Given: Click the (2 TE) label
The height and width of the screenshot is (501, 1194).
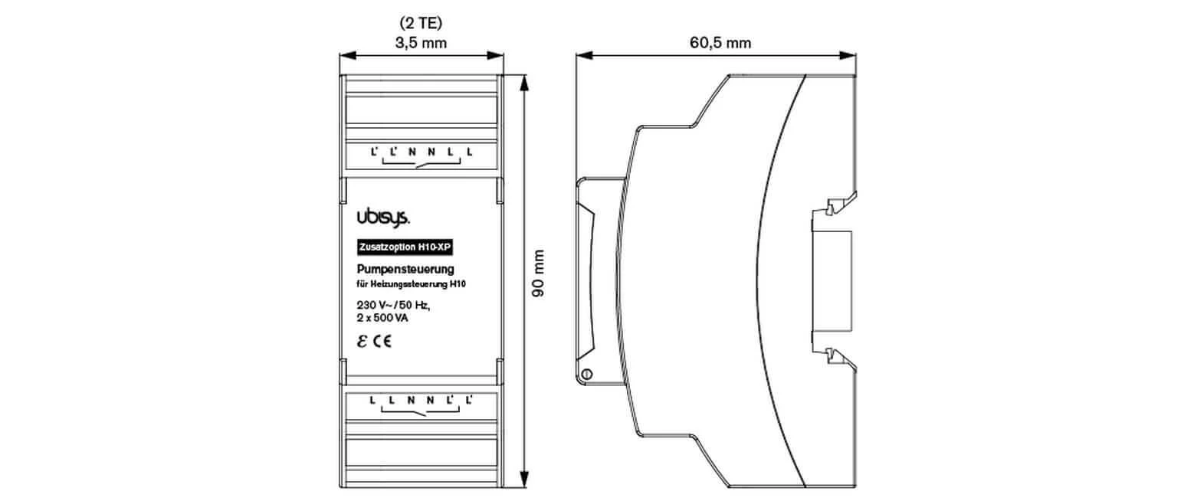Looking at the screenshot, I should pos(420,24).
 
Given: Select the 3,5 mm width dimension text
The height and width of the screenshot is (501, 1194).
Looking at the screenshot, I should pos(421,43).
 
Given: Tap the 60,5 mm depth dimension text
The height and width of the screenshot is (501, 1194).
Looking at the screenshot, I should pos(720,43).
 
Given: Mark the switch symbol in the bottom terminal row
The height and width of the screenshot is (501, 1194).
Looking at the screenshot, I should pos(420,412).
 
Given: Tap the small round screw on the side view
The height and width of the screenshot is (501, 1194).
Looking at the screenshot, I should pos(586,373).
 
